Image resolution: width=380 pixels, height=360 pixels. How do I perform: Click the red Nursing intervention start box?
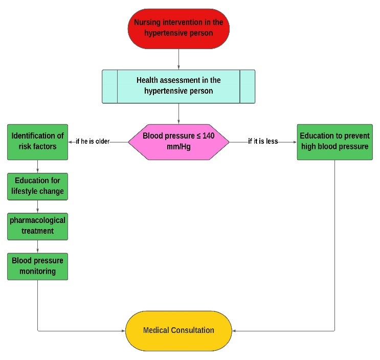[x=178, y=28]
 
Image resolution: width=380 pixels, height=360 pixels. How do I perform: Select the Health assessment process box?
[x=178, y=86]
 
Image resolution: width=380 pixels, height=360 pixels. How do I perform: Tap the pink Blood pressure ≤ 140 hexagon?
[x=178, y=142]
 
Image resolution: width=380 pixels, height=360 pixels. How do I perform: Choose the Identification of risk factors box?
[x=37, y=142]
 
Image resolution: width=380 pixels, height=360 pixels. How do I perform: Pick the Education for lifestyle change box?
[x=37, y=186]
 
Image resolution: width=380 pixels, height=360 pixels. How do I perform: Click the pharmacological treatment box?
[x=37, y=226]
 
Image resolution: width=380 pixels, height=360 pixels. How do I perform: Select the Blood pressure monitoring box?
[x=37, y=265]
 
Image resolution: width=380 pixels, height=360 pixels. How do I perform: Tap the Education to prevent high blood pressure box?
[x=334, y=142]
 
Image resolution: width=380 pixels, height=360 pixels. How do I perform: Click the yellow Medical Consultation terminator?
[x=178, y=330]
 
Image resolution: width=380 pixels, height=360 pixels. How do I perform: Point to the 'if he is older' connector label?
[x=93, y=142]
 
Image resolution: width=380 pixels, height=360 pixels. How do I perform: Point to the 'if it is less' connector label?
[x=263, y=142]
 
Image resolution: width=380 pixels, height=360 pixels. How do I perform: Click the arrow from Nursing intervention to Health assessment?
[x=178, y=59]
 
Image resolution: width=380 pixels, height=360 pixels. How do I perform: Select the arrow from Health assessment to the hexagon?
[x=178, y=114]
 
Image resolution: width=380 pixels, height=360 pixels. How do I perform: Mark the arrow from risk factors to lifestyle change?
[x=37, y=166]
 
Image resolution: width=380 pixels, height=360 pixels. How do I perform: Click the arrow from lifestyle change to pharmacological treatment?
[x=37, y=206]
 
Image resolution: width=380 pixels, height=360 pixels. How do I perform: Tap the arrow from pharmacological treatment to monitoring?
[x=37, y=246]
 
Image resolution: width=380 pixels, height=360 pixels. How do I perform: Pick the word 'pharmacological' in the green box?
[x=37, y=221]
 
